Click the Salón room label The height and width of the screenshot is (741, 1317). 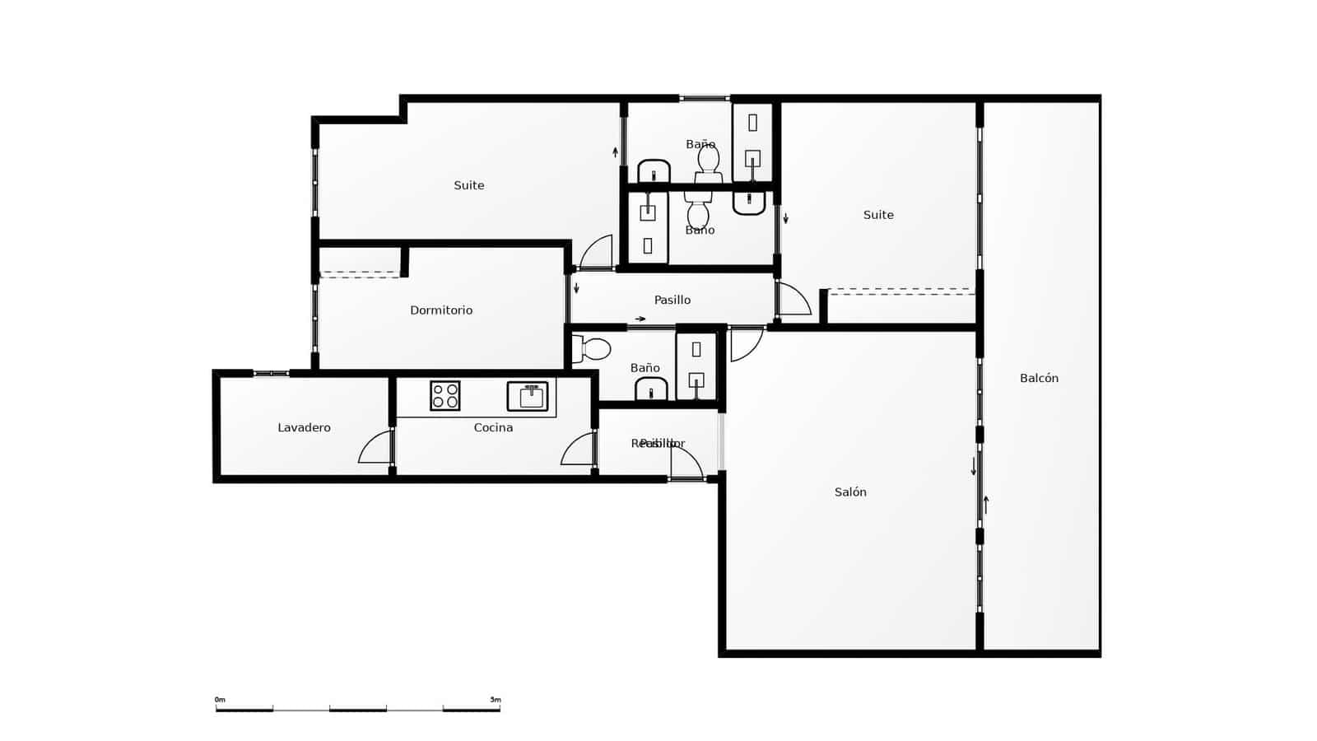tap(850, 492)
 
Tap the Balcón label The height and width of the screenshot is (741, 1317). tap(1039, 379)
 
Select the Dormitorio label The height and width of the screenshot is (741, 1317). tap(441, 310)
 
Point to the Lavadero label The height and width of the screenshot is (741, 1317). tap(304, 428)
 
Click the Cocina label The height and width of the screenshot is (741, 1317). tap(493, 428)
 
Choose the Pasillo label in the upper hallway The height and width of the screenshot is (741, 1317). tap(672, 301)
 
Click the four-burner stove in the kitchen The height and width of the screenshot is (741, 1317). tap(444, 396)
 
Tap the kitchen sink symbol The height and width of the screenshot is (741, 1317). tap(528, 396)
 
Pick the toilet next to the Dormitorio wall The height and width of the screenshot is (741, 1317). tap(592, 349)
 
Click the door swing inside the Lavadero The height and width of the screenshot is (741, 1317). tap(376, 448)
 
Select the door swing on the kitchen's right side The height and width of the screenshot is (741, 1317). tap(579, 450)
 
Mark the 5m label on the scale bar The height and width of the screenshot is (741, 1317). tap(495, 700)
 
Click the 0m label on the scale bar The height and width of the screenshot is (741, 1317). tap(220, 700)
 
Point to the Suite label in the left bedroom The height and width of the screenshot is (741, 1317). tap(469, 186)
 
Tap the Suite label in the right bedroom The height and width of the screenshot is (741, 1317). tap(878, 216)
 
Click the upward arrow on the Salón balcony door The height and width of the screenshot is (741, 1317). tap(985, 504)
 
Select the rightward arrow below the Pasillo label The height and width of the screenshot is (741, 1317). tap(640, 319)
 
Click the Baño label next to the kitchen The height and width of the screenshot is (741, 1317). tap(645, 368)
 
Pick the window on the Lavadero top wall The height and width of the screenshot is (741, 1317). tap(271, 374)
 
